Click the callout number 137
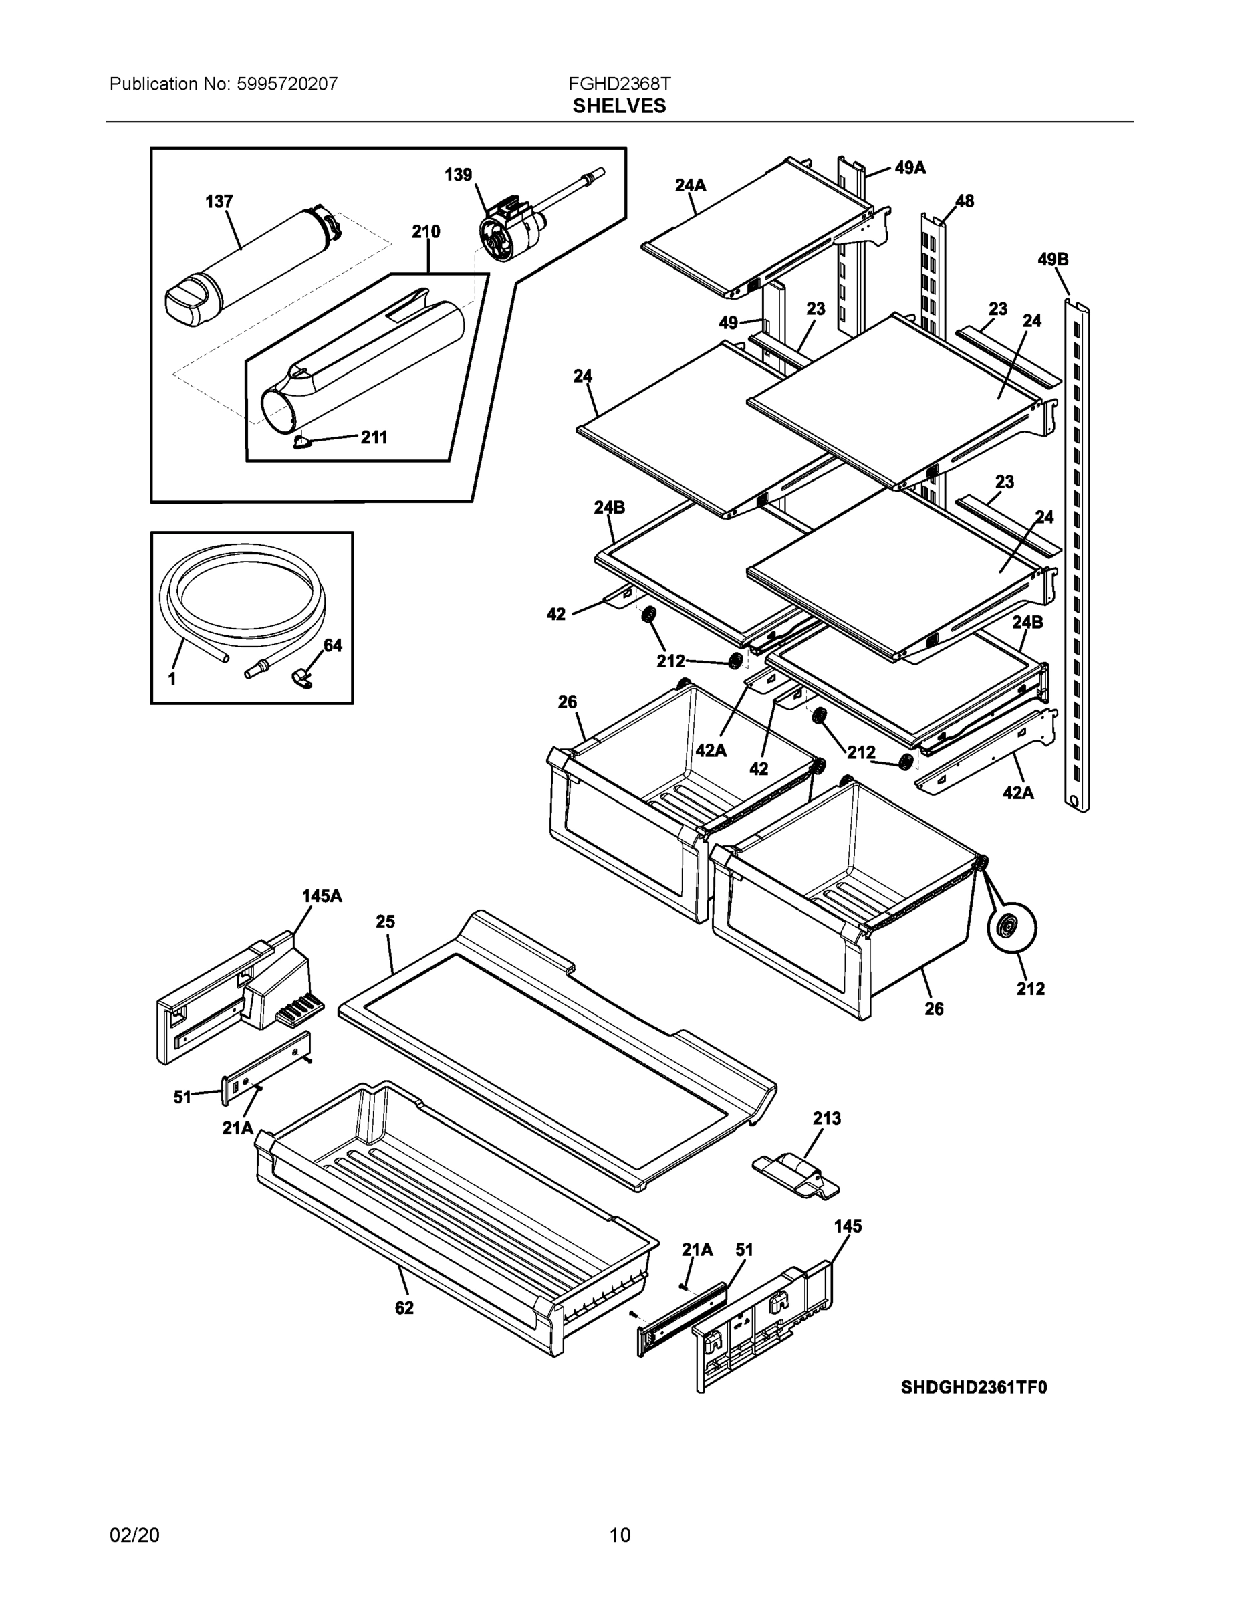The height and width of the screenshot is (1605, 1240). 219,201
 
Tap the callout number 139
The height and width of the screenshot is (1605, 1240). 459,175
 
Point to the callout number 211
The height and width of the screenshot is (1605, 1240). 374,438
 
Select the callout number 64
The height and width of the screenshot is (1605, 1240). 333,645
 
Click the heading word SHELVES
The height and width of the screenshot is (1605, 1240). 619,106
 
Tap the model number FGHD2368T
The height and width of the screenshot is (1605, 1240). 619,84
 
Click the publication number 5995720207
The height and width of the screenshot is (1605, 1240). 287,84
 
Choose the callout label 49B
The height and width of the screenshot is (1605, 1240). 1053,259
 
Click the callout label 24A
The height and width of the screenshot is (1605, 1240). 691,185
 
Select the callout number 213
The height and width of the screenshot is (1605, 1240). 826,1119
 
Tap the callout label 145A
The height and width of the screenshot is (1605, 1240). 322,896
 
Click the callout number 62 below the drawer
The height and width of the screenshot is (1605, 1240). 404,1308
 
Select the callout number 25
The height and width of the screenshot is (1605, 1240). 386,922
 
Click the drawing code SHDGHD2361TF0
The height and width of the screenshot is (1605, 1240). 974,1387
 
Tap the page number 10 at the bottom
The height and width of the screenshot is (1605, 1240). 619,1535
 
